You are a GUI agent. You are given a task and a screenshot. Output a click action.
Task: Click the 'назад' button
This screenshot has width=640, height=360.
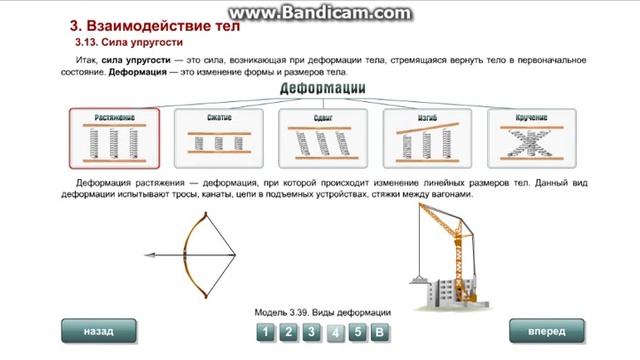point(99,330)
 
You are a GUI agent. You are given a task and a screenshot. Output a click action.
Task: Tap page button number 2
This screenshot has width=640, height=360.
point(287,333)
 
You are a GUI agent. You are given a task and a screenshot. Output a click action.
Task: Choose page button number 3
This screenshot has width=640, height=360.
point(311,333)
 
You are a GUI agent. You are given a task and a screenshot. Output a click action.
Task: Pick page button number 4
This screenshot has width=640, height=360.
point(335,333)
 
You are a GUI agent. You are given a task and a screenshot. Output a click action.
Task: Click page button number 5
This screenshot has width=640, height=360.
point(357,333)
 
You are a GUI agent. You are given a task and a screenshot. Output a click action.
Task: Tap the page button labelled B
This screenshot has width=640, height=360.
point(380,333)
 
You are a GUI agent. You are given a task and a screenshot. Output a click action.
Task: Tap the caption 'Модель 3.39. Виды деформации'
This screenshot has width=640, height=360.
point(322,313)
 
